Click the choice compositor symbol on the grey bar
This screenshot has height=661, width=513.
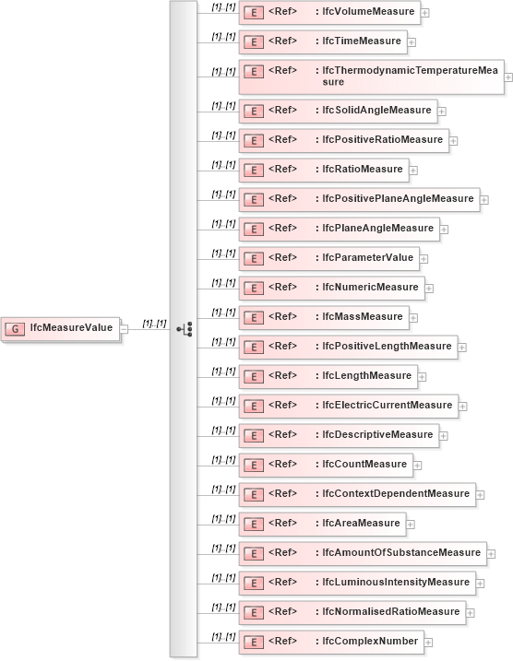[x=183, y=328]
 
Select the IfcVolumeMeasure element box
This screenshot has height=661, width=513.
[x=329, y=12]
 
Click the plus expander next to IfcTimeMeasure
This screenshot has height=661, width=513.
[x=412, y=41]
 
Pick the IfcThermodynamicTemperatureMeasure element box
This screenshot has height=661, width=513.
[x=370, y=77]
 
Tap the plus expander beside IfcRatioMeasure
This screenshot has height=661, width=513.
[x=413, y=170]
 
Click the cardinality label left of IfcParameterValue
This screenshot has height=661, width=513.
[x=223, y=253]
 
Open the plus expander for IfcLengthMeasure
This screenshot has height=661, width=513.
[x=422, y=376]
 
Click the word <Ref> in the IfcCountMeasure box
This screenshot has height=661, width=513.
[x=282, y=464]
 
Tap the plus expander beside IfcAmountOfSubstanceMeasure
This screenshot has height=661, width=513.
[x=492, y=554]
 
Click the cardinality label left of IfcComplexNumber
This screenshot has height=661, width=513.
[x=223, y=636]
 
